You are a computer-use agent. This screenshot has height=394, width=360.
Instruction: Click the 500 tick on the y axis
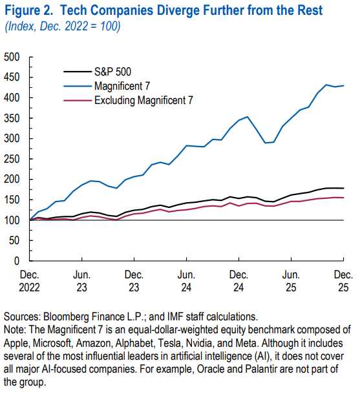[x=13, y=57]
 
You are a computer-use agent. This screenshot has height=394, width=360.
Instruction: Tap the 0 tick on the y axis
[x=18, y=262]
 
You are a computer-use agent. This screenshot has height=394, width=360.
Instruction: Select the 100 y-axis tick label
[x=13, y=220]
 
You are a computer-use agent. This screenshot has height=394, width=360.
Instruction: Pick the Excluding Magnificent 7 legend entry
[x=143, y=99]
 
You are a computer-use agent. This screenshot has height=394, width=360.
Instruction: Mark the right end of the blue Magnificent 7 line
[x=343, y=86]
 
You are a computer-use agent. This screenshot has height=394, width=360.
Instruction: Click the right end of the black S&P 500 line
[x=343, y=188]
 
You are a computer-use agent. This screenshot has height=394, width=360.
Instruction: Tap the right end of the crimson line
[x=343, y=198]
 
